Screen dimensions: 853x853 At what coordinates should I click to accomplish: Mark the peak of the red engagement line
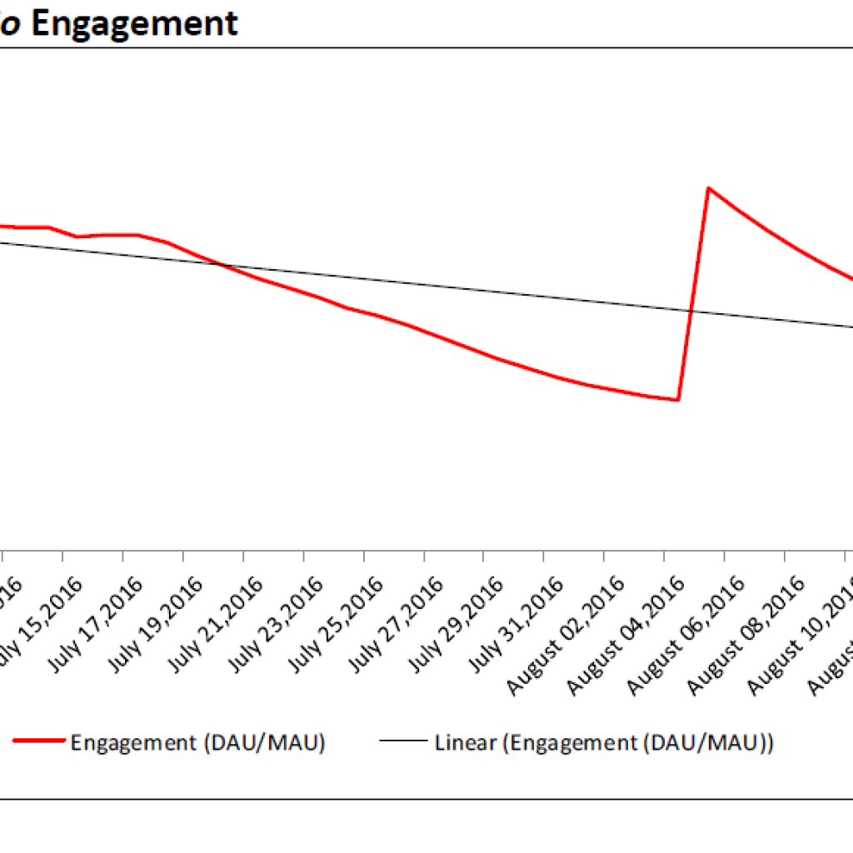click(x=708, y=188)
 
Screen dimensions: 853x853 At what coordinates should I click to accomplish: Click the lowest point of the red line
click(x=678, y=400)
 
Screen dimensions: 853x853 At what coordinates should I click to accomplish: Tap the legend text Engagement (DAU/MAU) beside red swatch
click(x=197, y=742)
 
